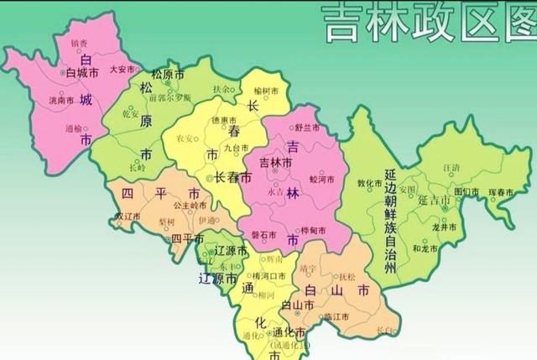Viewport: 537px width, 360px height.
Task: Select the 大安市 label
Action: click(x=123, y=70)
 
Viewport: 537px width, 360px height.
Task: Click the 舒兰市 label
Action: click(x=310, y=128)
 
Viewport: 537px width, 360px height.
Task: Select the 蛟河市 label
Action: click(x=322, y=179)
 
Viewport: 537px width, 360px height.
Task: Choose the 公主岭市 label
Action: click(x=190, y=205)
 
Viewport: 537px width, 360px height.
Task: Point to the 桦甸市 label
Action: click(x=313, y=230)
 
